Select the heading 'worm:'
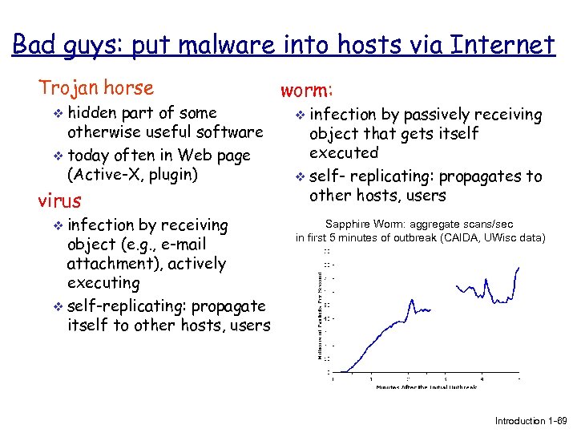point(308,90)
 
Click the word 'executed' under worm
point(343,153)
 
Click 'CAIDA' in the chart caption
point(462,238)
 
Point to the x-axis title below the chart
point(426,386)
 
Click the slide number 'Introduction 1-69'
point(531,421)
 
